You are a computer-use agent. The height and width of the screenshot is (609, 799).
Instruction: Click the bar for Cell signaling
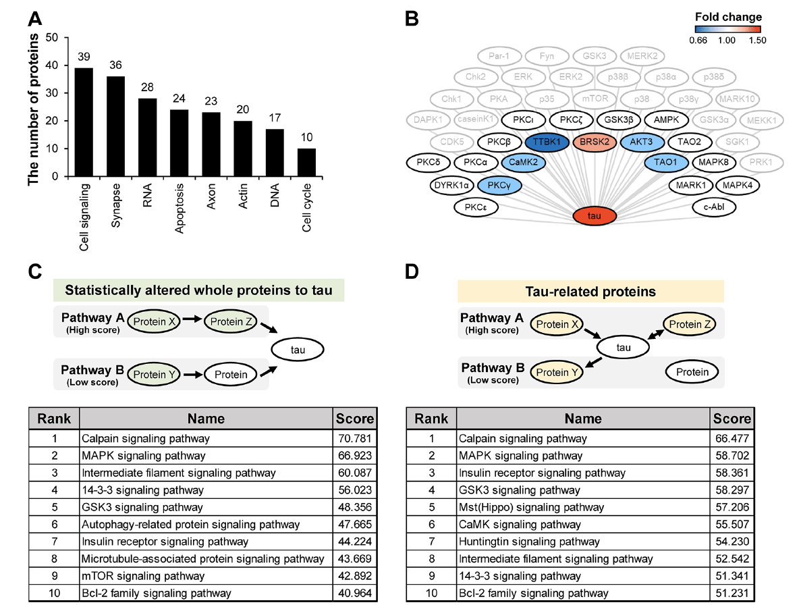(x=84, y=122)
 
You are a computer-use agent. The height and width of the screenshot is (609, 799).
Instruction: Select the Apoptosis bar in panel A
(x=179, y=143)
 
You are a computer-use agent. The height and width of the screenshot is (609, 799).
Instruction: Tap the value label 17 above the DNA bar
(x=275, y=117)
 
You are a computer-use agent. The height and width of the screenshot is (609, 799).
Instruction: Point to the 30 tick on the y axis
(x=51, y=92)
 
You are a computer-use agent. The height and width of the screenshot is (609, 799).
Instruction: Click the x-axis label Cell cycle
(x=306, y=208)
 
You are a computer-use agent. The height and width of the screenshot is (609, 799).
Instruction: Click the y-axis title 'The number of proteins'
(x=33, y=109)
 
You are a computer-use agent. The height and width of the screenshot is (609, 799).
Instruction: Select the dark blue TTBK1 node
(x=547, y=142)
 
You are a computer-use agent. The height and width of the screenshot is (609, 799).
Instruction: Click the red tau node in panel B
(x=594, y=215)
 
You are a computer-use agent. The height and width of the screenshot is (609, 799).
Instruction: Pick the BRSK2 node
(x=594, y=142)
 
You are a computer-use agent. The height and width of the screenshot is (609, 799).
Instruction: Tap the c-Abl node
(x=713, y=207)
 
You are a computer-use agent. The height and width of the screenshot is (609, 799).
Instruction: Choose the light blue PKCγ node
(x=499, y=186)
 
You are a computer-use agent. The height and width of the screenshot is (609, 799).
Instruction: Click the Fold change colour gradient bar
(x=727, y=30)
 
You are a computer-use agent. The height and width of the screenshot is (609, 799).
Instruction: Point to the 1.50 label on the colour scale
(x=757, y=41)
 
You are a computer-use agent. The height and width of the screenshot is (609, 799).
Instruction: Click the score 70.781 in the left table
(x=355, y=438)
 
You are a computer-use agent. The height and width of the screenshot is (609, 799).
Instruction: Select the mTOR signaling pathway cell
(x=143, y=576)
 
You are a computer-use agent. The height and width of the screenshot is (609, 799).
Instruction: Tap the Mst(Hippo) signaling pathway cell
(x=532, y=507)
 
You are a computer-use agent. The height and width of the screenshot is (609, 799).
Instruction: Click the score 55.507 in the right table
(x=732, y=525)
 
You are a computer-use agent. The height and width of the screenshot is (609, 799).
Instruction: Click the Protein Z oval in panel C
(x=231, y=321)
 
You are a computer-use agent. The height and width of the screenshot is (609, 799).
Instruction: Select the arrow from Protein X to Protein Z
(x=192, y=319)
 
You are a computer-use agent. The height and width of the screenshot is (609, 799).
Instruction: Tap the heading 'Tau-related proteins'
(x=590, y=292)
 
